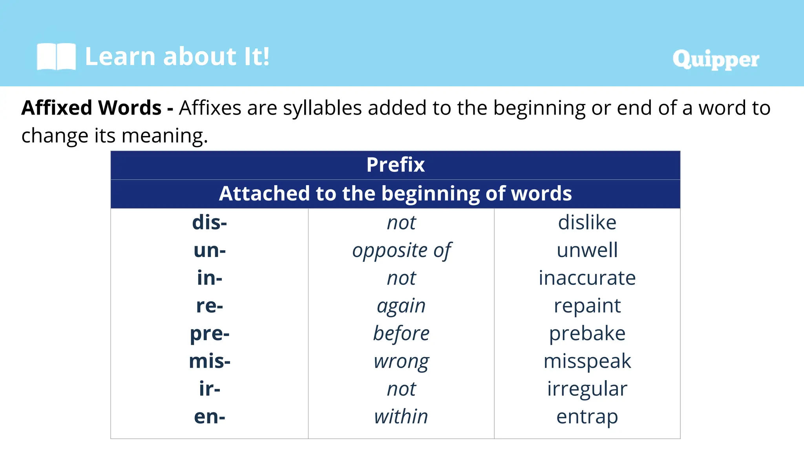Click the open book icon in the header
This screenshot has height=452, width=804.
56,56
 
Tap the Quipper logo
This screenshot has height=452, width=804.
715,59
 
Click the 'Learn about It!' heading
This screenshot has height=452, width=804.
177,56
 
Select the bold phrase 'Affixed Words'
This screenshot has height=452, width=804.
91,108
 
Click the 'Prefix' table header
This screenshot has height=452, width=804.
395,165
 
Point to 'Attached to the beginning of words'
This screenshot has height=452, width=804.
395,193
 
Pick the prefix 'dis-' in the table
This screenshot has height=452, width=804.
210,222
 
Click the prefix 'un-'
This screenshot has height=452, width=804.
210,250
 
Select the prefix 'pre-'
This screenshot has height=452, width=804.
210,334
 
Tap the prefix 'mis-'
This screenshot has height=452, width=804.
210,361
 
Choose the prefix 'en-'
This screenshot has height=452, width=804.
210,417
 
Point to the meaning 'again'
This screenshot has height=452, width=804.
401,306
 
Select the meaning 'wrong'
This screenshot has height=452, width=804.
401,361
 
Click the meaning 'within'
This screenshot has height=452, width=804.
401,417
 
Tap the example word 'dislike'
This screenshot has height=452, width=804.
587,222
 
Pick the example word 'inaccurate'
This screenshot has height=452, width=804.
587,278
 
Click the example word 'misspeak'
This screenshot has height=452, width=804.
587,361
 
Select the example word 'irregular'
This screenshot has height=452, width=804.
587,389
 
